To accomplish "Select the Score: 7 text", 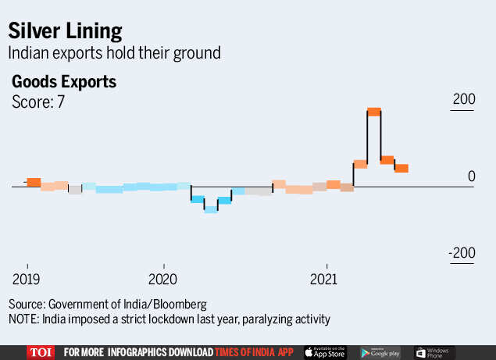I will pos(37,102).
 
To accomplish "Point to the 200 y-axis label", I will pos(464,100).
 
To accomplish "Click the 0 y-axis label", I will pos(472,176).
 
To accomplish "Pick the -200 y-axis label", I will pos(462,254).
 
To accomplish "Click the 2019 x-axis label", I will pos(27,279).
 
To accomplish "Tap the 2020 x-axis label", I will pos(164,279).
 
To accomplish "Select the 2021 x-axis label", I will pos(325,279).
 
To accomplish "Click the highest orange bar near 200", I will pos(373,112).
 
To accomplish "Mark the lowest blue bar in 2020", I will pos(211,209).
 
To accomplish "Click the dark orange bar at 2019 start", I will pos(33,182).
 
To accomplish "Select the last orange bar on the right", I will pos(401,168).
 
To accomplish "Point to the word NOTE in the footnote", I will pos(24,319).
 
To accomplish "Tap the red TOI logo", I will pos(41,352).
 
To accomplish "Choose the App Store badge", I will pos(324,352).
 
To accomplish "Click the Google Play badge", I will pos(378,352).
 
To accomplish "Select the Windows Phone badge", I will pos(435,352).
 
